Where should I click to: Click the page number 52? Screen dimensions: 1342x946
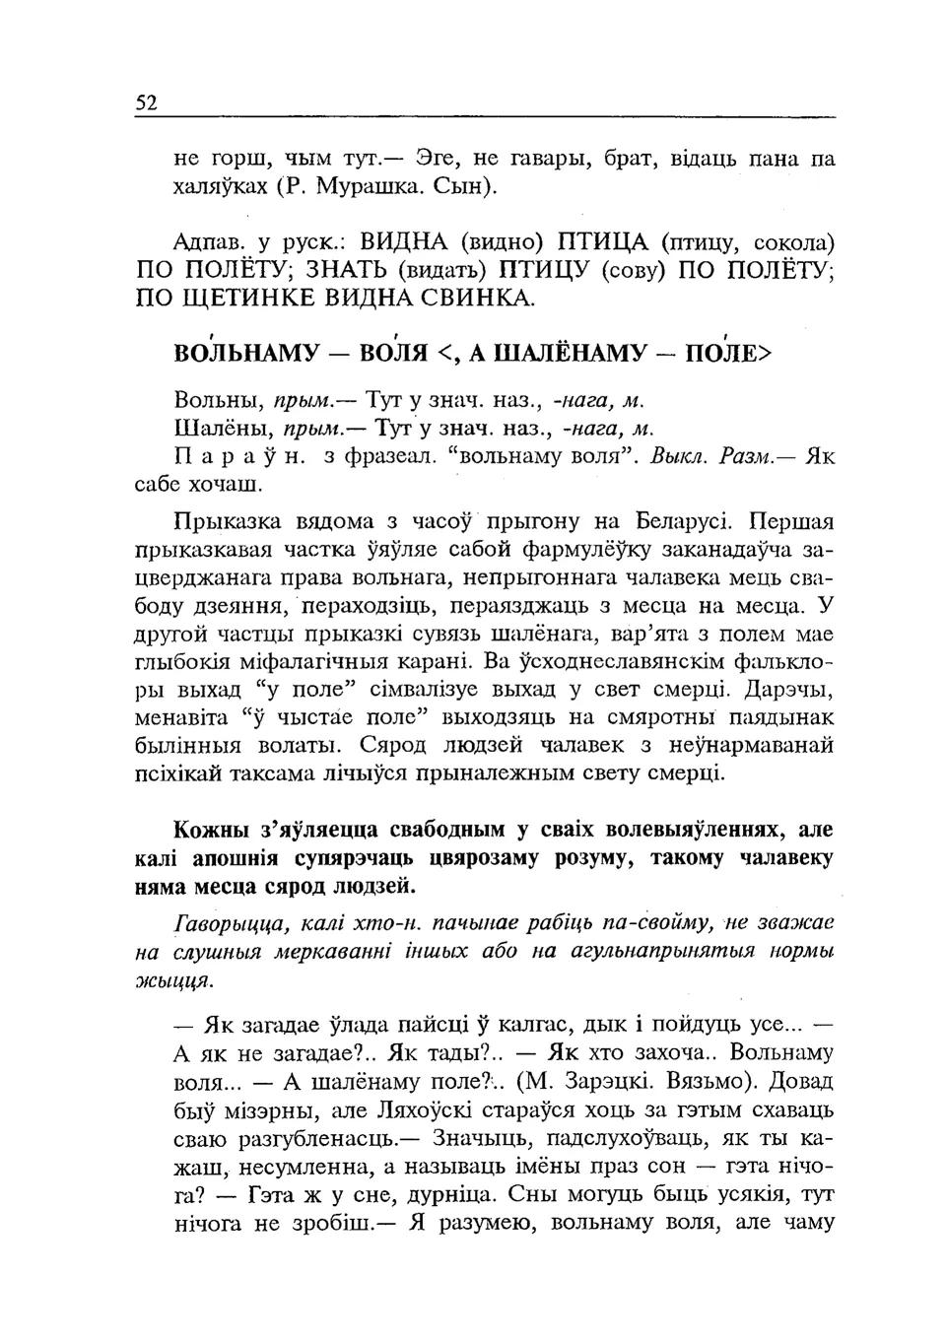146,103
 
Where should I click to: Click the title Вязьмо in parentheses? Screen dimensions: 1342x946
699,1081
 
